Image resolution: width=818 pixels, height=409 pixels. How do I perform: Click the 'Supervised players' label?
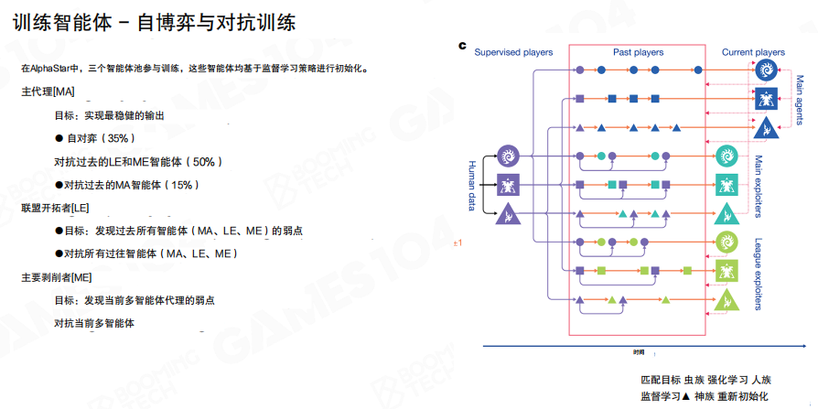click(x=513, y=52)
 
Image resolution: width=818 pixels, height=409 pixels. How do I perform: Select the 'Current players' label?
click(x=752, y=52)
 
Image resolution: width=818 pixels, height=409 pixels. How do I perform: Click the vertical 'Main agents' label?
click(x=800, y=95)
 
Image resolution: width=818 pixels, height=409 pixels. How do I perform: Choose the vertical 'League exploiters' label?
click(x=759, y=274)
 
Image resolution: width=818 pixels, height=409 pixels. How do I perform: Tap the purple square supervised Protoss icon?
click(x=509, y=185)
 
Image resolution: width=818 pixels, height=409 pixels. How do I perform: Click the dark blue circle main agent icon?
click(x=763, y=70)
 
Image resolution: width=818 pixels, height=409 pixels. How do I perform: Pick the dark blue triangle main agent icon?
click(x=763, y=127)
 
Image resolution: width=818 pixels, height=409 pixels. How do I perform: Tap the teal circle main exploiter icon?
click(x=727, y=156)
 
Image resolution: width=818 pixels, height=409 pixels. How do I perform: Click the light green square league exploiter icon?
click(x=727, y=272)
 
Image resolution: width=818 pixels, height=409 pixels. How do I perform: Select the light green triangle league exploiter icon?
click(x=727, y=300)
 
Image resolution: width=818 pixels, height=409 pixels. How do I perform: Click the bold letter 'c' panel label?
click(x=463, y=45)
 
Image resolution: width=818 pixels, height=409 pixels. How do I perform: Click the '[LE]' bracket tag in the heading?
click(x=80, y=208)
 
